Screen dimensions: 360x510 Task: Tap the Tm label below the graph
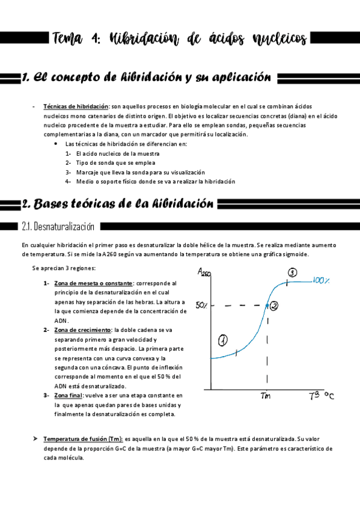(266, 396)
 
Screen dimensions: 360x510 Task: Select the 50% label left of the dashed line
(201, 306)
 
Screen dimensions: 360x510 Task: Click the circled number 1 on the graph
(223, 340)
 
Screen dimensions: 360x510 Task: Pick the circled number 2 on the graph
(274, 306)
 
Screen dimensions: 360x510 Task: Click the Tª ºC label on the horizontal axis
(322, 395)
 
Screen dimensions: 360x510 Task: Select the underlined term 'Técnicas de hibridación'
(76, 106)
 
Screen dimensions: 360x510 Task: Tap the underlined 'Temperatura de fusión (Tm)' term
(82, 439)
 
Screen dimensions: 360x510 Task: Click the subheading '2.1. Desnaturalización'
(58, 227)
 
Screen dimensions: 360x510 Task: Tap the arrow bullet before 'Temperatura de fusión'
(35, 438)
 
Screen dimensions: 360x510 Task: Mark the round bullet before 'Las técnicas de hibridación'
(56, 144)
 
